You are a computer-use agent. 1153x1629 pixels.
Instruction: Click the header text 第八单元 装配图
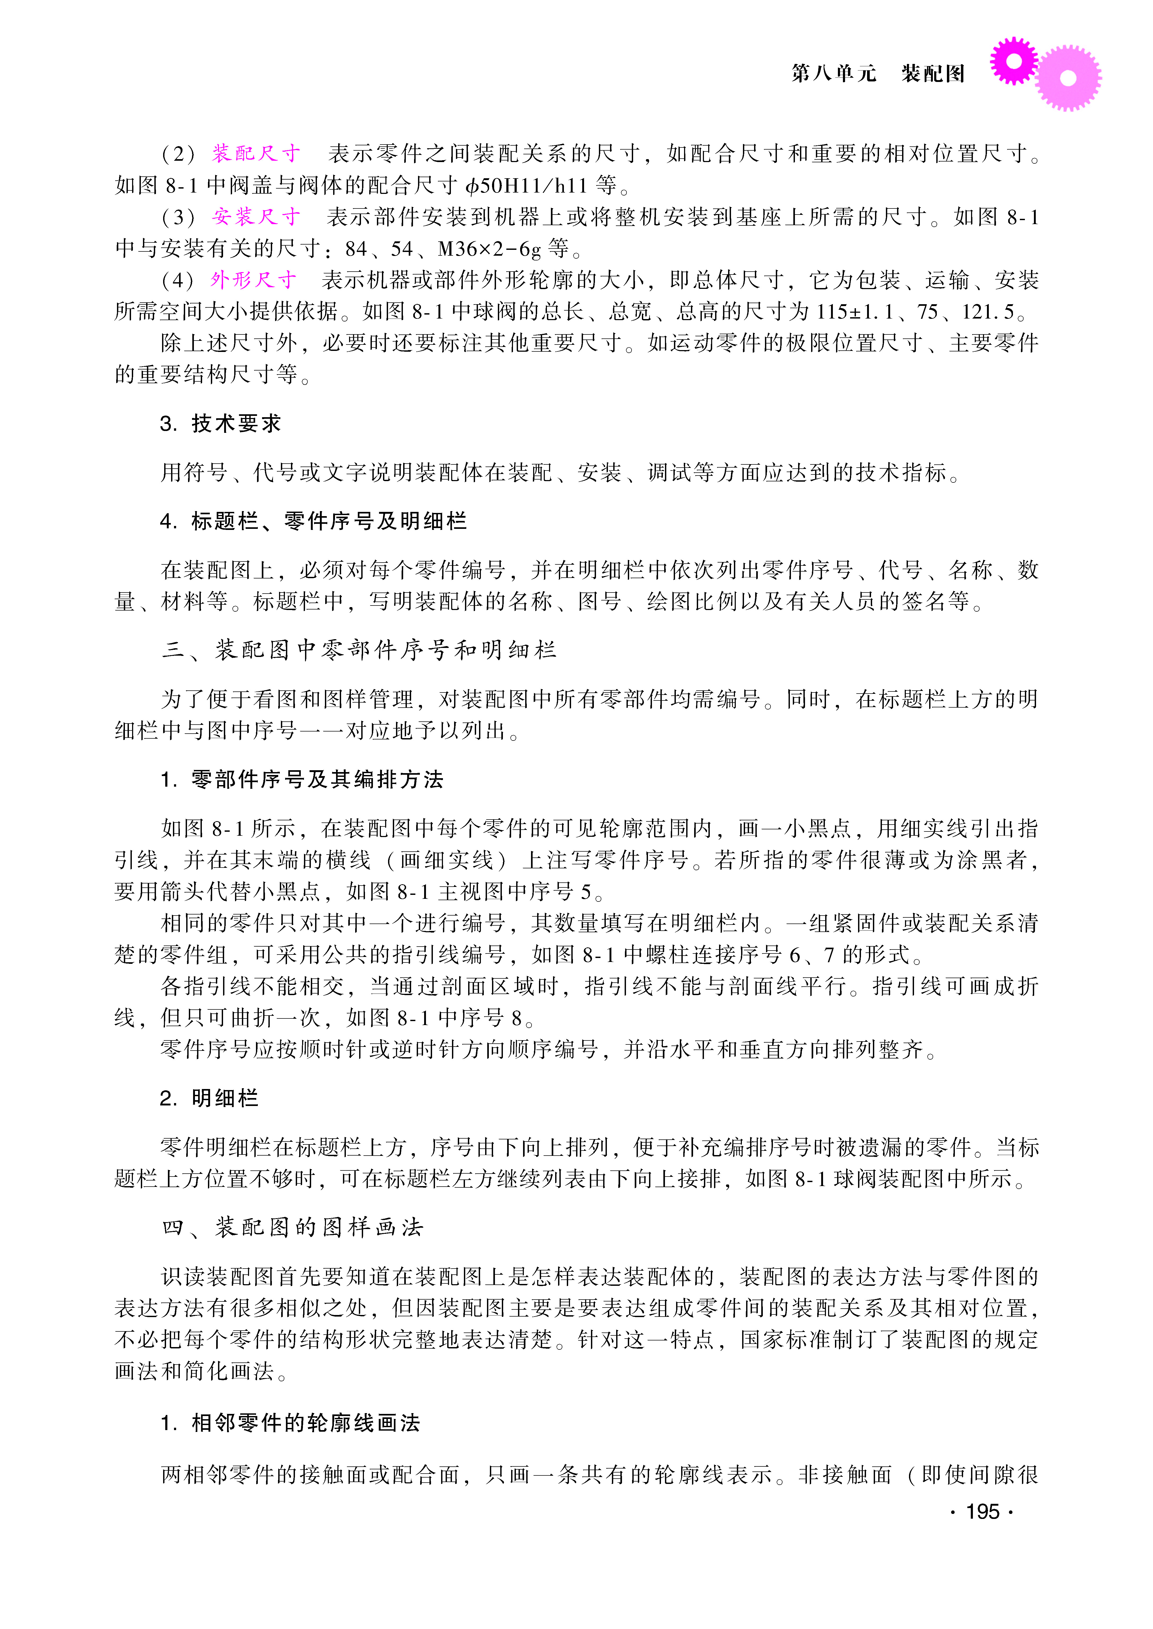point(878,73)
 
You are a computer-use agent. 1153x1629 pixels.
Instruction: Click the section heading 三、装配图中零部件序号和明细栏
point(359,650)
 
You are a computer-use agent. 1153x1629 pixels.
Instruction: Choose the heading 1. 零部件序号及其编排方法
point(302,779)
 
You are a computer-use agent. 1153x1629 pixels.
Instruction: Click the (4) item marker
point(177,280)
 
